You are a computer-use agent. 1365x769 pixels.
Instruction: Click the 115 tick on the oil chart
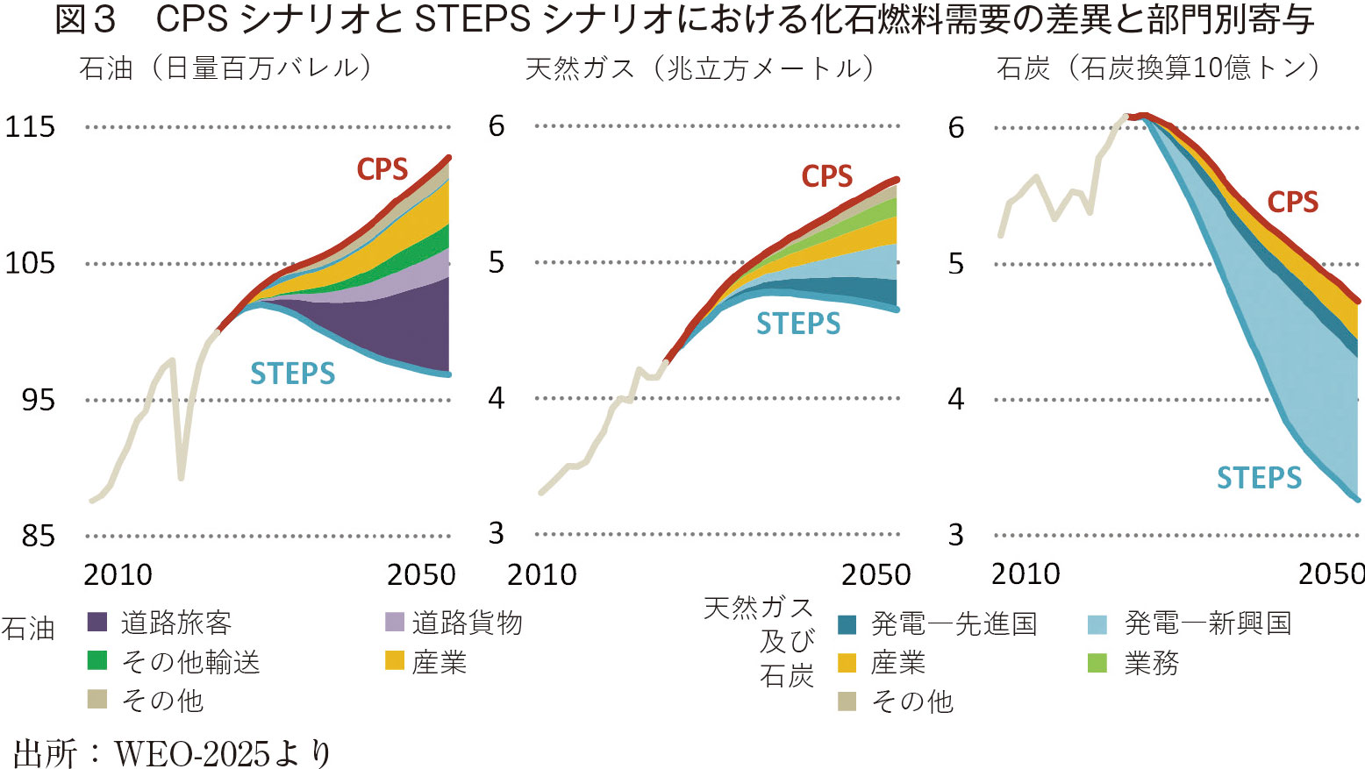pyautogui.click(x=30, y=126)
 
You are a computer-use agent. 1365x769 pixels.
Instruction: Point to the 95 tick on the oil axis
pyautogui.click(x=38, y=400)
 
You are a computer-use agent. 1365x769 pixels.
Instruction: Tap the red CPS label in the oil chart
pyautogui.click(x=382, y=169)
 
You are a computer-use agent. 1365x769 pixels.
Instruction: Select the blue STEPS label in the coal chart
pyautogui.click(x=1259, y=478)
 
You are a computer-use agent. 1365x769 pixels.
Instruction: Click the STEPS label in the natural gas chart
pyautogui.click(x=798, y=324)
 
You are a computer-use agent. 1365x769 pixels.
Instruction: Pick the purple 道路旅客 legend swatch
pyautogui.click(x=97, y=623)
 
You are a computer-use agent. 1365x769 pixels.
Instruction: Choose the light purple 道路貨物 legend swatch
pyautogui.click(x=395, y=623)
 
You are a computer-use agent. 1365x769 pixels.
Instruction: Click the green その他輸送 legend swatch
pyautogui.click(x=97, y=660)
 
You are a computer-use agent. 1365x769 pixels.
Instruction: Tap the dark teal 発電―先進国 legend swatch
pyautogui.click(x=847, y=624)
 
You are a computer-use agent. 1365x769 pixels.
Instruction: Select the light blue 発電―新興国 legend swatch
pyautogui.click(x=1097, y=624)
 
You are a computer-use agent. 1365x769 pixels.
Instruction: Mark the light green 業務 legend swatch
pyautogui.click(x=1097, y=663)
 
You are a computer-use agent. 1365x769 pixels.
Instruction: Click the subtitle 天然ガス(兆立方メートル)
pyautogui.click(x=699, y=68)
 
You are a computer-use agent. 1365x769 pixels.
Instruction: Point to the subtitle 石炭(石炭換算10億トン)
pyautogui.click(x=1157, y=68)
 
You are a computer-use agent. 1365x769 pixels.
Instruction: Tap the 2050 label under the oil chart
pyautogui.click(x=421, y=574)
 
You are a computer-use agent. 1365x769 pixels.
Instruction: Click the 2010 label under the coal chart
pyautogui.click(x=1026, y=574)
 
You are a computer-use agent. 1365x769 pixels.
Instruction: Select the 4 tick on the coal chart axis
pyautogui.click(x=956, y=399)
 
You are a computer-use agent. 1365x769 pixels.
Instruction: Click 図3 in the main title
pyautogui.click(x=85, y=20)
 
